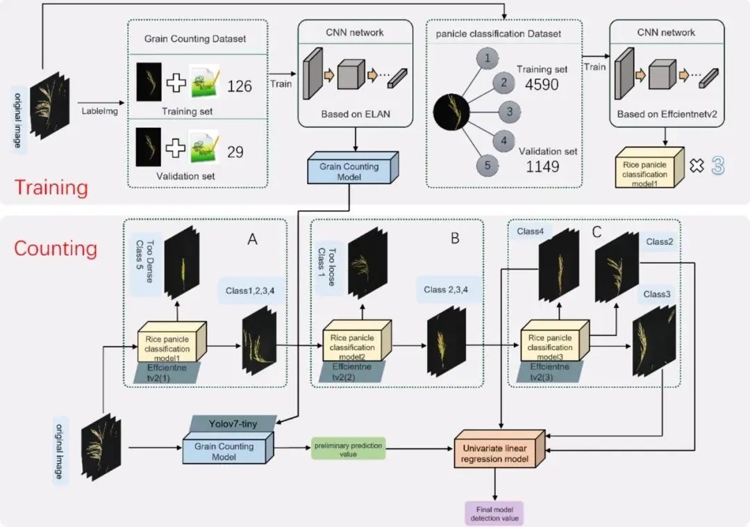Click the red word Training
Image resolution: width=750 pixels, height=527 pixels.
pos(52,188)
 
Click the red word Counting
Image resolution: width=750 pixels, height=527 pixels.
pos(56,248)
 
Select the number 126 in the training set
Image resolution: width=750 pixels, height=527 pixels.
pos(240,86)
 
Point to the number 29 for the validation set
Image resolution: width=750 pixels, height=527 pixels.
pos(235,151)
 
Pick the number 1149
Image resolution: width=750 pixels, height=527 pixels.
pos(542,167)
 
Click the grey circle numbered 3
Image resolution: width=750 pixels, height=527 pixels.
pos(509,111)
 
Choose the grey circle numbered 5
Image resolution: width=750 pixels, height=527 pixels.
pos(487,165)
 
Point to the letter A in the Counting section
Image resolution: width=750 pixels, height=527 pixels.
pos(253,240)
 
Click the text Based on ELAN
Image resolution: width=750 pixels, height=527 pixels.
pos(355,114)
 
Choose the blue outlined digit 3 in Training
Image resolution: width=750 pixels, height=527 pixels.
pos(717,165)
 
